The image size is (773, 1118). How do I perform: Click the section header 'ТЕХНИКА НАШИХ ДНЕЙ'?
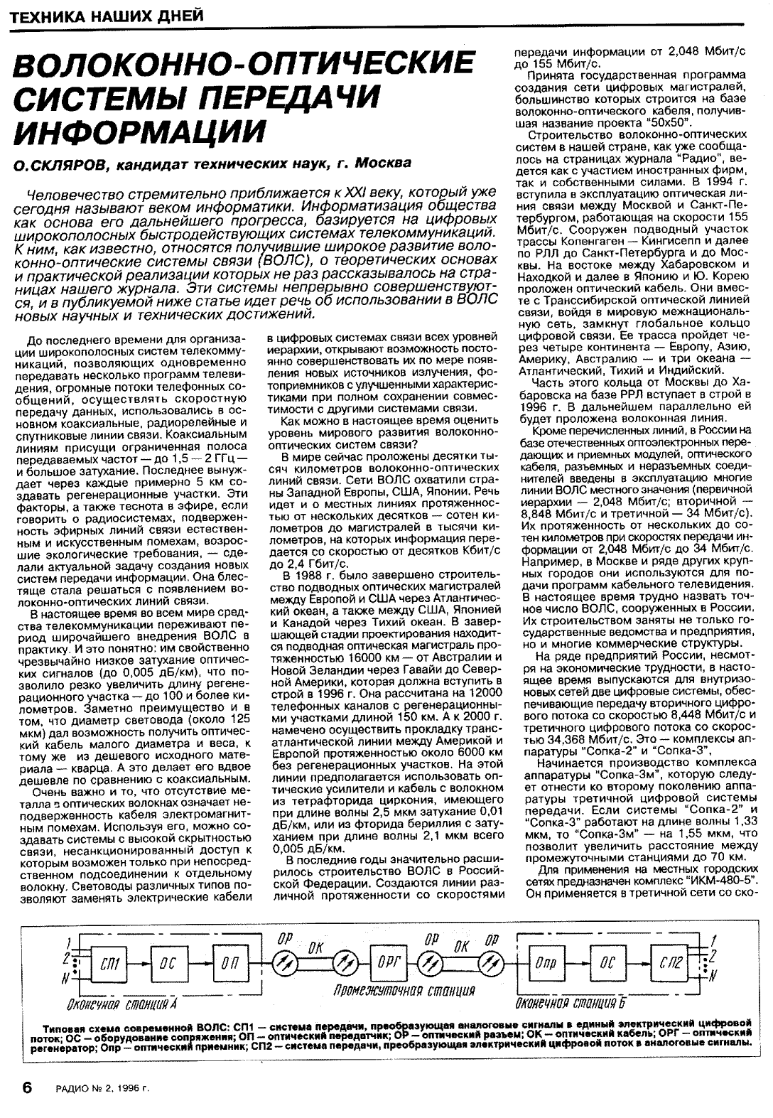[x=103, y=15]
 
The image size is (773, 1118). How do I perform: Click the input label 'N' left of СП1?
[x=65, y=979]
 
